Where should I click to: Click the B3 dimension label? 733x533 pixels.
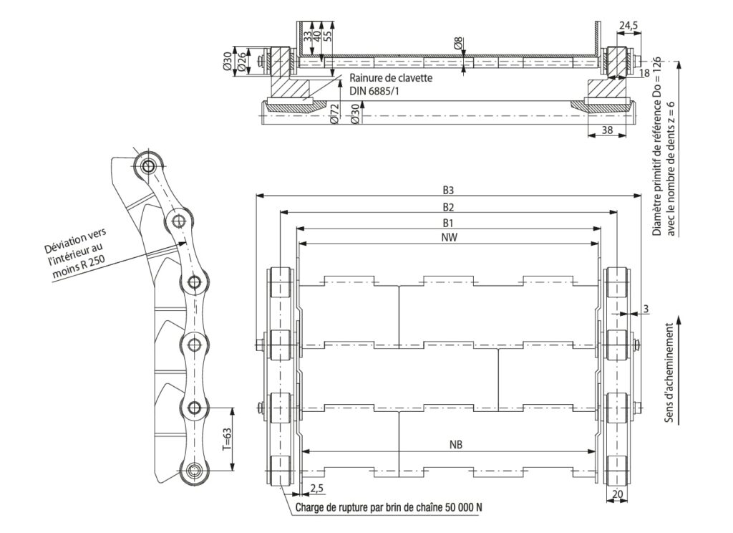pos(448,191)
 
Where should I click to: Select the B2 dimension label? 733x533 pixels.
pos(448,207)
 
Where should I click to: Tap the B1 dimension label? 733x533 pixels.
pos(448,223)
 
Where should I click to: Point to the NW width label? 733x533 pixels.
pos(449,237)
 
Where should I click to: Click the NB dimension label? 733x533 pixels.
pos(456,445)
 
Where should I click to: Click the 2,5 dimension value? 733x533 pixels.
pos(316,489)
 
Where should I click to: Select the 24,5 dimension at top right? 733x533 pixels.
pos(628,27)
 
